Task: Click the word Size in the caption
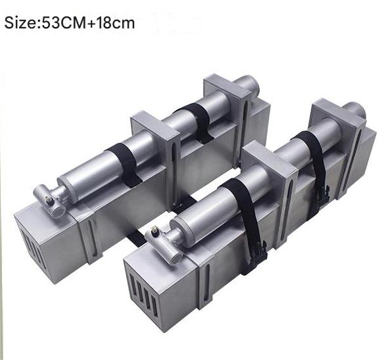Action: coord(20,23)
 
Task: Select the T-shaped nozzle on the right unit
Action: coord(163,244)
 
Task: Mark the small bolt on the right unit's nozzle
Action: coord(155,230)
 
